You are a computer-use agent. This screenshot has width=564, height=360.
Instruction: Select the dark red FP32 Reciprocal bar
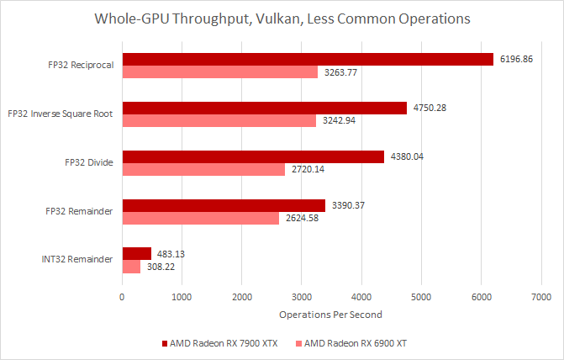[x=308, y=59]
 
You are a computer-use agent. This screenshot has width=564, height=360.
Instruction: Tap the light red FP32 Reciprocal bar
[x=220, y=72]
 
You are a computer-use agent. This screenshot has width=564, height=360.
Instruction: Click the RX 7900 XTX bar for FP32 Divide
[x=253, y=156]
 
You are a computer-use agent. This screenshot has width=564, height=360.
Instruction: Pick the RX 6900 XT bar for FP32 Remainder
[x=201, y=219]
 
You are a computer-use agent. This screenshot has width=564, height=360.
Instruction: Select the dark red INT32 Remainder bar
[x=137, y=253]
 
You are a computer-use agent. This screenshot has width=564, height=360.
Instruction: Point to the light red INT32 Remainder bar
[x=132, y=267]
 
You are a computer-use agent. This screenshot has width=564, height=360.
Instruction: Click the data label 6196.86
[x=518, y=59]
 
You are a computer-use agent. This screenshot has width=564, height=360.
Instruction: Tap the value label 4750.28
[x=431, y=108]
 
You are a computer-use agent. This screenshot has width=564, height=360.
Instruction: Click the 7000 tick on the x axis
[x=540, y=296]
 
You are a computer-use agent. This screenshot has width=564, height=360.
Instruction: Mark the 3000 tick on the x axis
[x=302, y=296]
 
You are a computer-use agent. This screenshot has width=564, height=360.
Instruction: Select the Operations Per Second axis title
[x=331, y=315]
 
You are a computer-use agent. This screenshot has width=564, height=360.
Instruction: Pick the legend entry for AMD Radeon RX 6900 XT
[x=356, y=343]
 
